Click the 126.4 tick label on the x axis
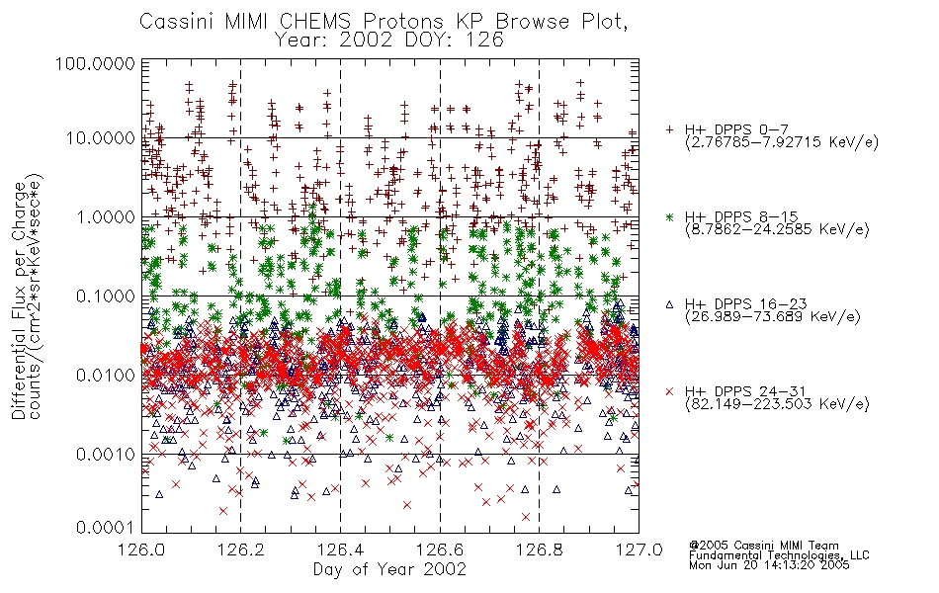[340, 550]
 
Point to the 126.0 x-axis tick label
[141, 550]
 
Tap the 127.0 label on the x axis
[639, 550]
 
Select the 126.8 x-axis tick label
[539, 550]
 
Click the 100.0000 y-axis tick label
[95, 63]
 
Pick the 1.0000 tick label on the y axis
[106, 216]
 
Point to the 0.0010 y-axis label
[106, 454]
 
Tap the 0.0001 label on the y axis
[106, 528]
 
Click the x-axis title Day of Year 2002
[389, 569]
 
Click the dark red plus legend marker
[669, 129]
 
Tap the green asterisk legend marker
[669, 216]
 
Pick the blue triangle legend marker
[669, 304]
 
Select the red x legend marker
[669, 391]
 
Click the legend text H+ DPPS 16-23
[745, 304]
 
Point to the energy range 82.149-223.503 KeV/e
[777, 404]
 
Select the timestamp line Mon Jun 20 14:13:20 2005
[769, 565]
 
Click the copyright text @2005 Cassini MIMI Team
[763, 546]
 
